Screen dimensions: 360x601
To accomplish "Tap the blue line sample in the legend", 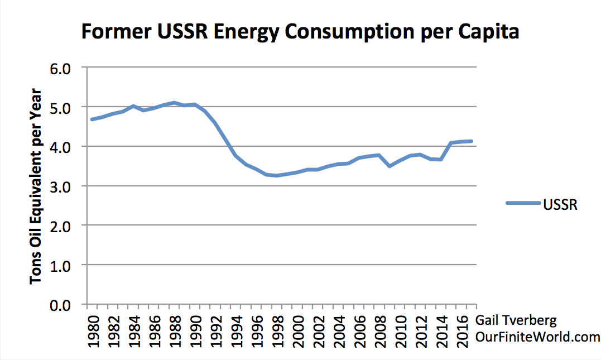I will [523, 204].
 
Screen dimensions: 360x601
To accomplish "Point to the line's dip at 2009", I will [390, 166].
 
